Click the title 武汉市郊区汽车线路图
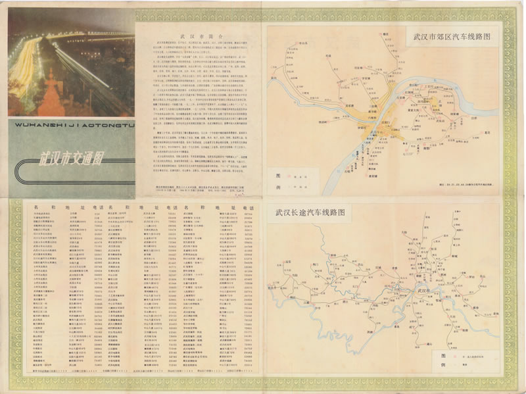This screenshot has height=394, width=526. click(450, 37)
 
